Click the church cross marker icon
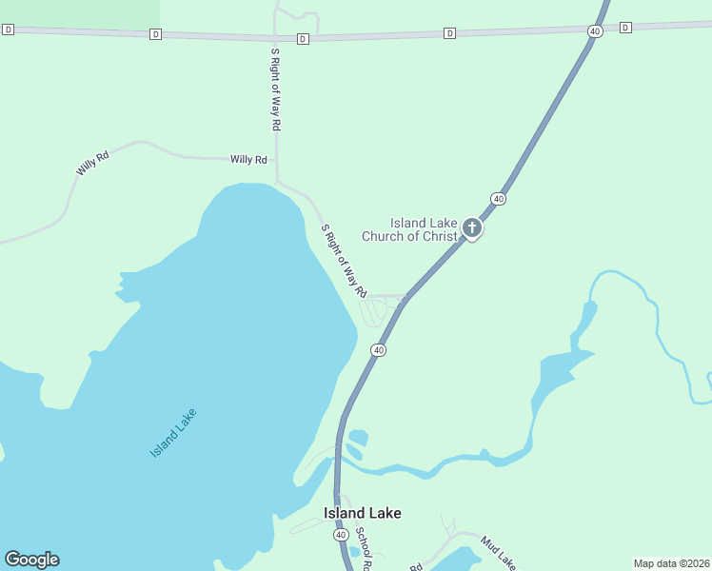tap(471, 227)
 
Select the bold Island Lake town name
tap(362, 513)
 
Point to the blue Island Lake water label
tap(173, 432)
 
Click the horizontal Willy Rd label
tap(247, 160)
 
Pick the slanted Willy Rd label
tap(92, 163)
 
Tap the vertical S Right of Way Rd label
tap(276, 89)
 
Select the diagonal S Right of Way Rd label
tap(344, 261)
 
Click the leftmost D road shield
tap(8, 30)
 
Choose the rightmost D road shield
tap(625, 28)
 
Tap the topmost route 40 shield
tap(595, 31)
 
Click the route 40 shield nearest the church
tap(498, 198)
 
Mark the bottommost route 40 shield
tap(341, 535)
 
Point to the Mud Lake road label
tap(497, 551)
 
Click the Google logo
tap(31, 560)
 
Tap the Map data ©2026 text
tap(671, 563)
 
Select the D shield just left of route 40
tap(449, 32)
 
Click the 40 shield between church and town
tap(379, 350)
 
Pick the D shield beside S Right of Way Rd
tap(303, 39)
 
